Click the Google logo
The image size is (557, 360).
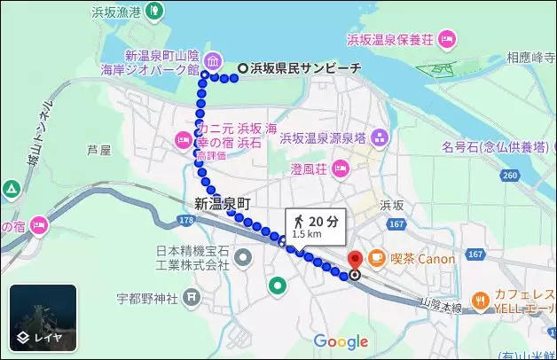[341, 341]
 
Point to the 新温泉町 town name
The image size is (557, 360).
[224, 203]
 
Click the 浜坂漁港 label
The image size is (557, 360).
[116, 12]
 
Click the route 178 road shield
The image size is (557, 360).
[185, 219]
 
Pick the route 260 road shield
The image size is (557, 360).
[509, 175]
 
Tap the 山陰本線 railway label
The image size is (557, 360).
[441, 306]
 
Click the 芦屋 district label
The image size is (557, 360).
[99, 151]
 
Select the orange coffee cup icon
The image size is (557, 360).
[377, 259]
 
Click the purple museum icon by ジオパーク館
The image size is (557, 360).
[214, 60]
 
